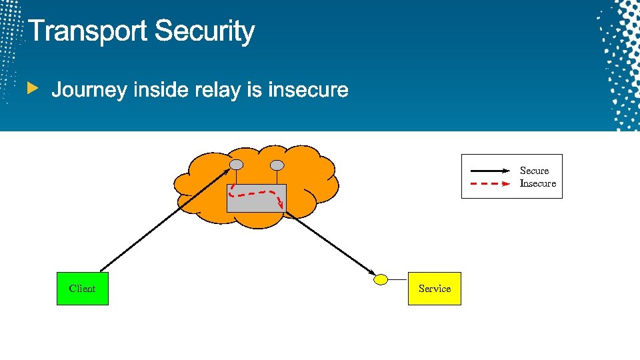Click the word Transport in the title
[88, 31]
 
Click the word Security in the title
[205, 31]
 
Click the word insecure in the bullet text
[307, 89]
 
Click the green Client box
[82, 289]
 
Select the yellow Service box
[435, 289]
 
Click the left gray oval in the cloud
[236, 165]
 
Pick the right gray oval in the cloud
[277, 165]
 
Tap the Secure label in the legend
[534, 171]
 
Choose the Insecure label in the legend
[537, 183]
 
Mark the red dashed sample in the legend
[491, 183]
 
